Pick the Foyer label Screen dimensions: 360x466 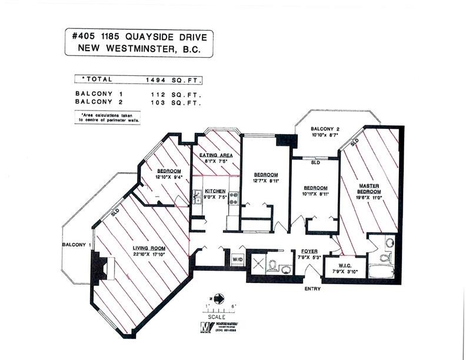pyautogui.click(x=309, y=251)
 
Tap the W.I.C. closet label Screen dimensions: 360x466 pyautogui.click(x=342, y=265)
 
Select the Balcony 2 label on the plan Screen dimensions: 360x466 pyautogui.click(x=325, y=129)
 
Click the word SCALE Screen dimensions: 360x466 pyautogui.click(x=217, y=316)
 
